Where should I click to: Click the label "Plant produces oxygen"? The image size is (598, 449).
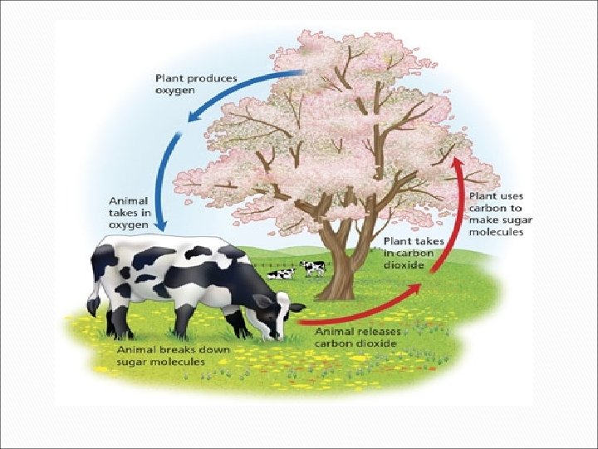click(196, 85)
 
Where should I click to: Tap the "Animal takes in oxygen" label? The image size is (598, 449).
click(129, 213)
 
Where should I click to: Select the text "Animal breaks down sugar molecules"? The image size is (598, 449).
click(172, 356)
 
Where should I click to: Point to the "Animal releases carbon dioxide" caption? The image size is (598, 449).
click(357, 337)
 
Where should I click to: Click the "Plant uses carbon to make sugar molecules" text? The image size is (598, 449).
click(500, 214)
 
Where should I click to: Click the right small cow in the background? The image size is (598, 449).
click(314, 267)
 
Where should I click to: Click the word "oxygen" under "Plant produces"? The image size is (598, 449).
click(173, 91)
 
